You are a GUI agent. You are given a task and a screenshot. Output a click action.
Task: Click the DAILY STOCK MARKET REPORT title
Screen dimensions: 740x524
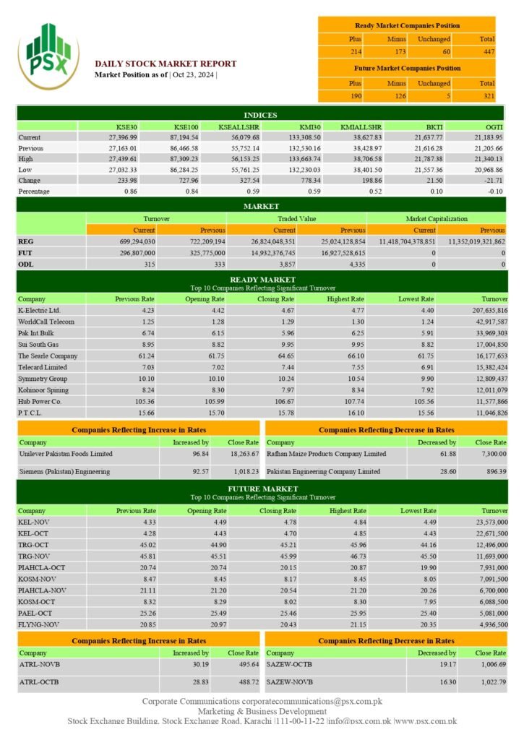166,64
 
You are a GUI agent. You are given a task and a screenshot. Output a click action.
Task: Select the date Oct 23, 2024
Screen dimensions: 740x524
194,75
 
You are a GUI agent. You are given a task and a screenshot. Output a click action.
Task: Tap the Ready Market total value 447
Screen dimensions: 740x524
489,51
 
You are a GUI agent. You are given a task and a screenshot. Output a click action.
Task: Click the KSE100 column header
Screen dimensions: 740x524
186,126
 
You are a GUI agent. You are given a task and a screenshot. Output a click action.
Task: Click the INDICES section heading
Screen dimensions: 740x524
262,114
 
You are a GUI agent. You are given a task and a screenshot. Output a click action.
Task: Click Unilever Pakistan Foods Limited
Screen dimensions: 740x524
66,454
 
